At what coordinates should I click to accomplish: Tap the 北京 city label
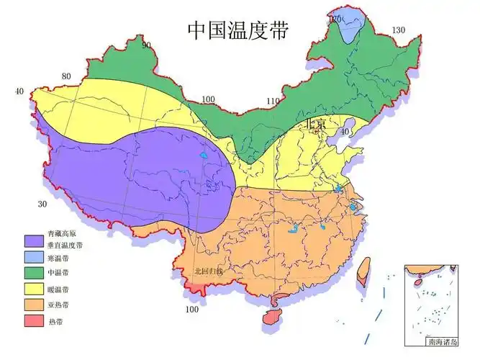(x=315, y=124)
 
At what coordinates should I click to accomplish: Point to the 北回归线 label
(x=209, y=271)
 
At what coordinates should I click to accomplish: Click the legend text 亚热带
(x=59, y=305)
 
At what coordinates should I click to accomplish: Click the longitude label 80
(x=66, y=76)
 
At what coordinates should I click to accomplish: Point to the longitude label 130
(x=399, y=30)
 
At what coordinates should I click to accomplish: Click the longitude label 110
(x=272, y=101)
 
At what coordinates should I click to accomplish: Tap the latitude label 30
(x=42, y=204)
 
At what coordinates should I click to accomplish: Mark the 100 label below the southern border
(x=192, y=310)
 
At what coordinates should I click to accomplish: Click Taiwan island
(x=363, y=271)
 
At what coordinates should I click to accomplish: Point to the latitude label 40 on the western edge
(x=19, y=91)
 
